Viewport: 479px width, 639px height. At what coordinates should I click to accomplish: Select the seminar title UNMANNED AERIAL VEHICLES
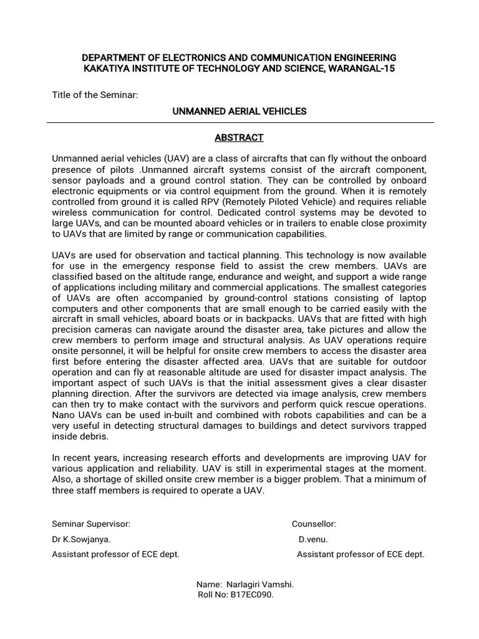tap(239, 111)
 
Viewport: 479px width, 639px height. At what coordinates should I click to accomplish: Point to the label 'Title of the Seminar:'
tap(95, 94)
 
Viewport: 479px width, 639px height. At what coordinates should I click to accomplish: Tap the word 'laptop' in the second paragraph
tap(413, 298)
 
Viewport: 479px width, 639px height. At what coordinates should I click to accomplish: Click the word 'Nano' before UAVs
tap(63, 415)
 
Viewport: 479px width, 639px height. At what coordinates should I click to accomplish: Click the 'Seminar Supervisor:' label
tap(91, 524)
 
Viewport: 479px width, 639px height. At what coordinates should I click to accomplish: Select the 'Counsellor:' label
tap(314, 524)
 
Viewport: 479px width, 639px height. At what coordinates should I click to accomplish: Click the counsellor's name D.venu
tap(313, 539)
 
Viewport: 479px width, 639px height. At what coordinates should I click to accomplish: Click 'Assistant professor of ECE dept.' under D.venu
tap(360, 554)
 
